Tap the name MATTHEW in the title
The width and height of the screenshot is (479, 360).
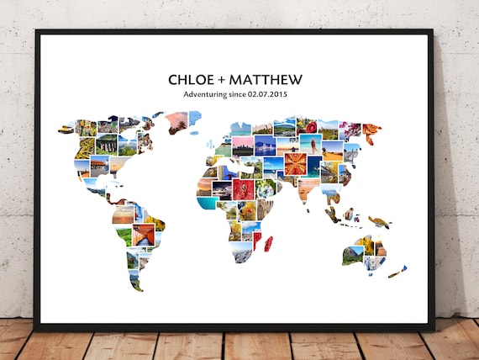[x=266, y=80]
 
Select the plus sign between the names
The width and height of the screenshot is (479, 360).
[x=221, y=80]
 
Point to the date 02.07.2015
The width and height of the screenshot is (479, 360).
[x=266, y=93]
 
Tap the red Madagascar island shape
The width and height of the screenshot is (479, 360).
[x=268, y=245]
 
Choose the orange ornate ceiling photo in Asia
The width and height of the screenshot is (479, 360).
[x=293, y=163]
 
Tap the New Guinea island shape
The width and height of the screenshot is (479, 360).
[x=378, y=223]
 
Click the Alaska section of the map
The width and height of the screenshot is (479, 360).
[x=67, y=130]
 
